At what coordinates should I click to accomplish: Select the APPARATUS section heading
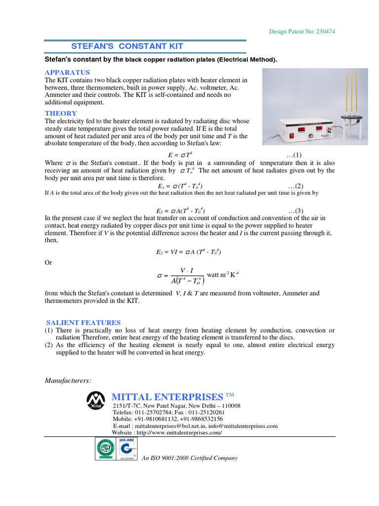click(67, 73)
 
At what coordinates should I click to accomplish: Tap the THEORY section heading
click(61, 113)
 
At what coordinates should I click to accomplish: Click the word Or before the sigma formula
click(48, 262)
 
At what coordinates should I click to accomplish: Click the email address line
click(195, 425)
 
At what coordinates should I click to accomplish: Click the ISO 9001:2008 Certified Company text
click(189, 458)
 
